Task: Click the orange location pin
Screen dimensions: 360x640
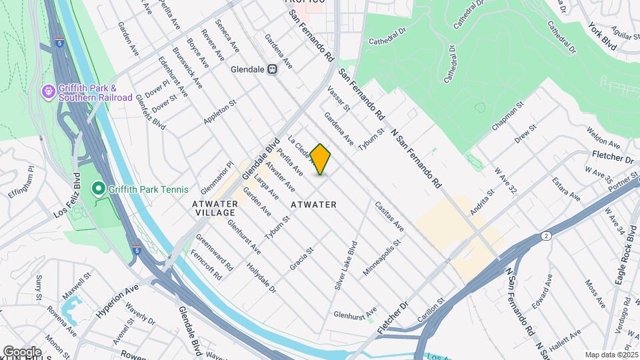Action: [320, 159]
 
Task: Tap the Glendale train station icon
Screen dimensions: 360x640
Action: [273, 69]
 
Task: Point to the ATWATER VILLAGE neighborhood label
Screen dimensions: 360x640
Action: [214, 207]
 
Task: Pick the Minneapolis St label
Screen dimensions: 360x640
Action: [381, 259]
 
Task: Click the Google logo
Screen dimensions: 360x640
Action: [22, 351]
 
